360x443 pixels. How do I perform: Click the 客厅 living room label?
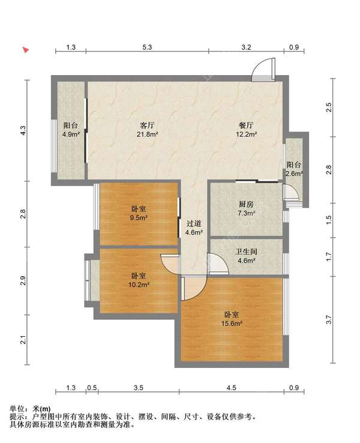[x=148, y=125]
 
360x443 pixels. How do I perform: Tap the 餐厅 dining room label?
[x=246, y=125]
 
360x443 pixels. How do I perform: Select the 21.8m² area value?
[x=148, y=135]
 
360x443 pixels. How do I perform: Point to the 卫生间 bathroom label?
[x=246, y=252]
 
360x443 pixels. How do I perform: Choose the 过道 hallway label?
[x=193, y=222]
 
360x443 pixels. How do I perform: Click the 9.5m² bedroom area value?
[x=139, y=218]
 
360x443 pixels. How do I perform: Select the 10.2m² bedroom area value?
[x=139, y=285]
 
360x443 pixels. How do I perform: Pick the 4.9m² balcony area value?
[x=71, y=135]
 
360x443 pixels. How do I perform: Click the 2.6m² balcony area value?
[x=294, y=174]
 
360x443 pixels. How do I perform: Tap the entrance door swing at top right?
[x=263, y=70]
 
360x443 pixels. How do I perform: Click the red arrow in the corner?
[x=25, y=50]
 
